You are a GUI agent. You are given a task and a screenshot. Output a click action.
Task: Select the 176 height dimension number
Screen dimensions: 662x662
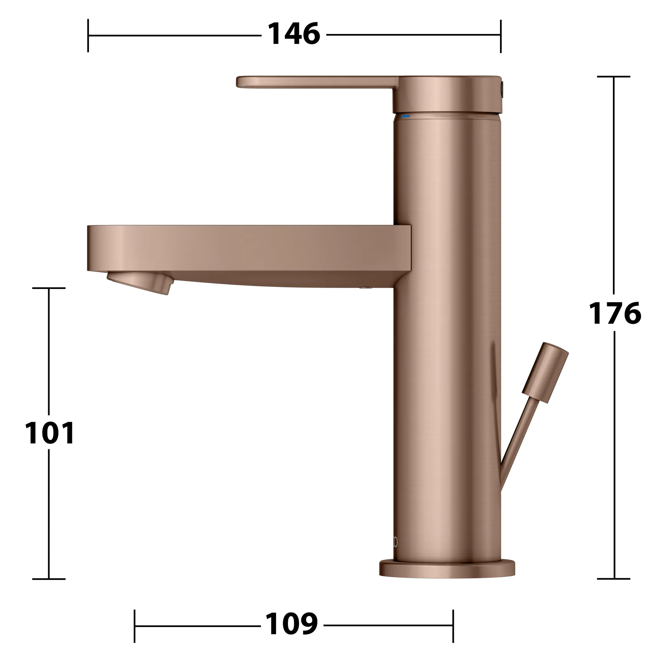click(615, 313)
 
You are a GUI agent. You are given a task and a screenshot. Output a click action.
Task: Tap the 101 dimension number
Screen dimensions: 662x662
click(50, 433)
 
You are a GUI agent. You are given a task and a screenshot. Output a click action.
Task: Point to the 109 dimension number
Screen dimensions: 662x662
click(292, 624)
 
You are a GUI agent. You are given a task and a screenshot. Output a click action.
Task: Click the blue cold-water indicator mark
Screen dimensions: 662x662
click(405, 116)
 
